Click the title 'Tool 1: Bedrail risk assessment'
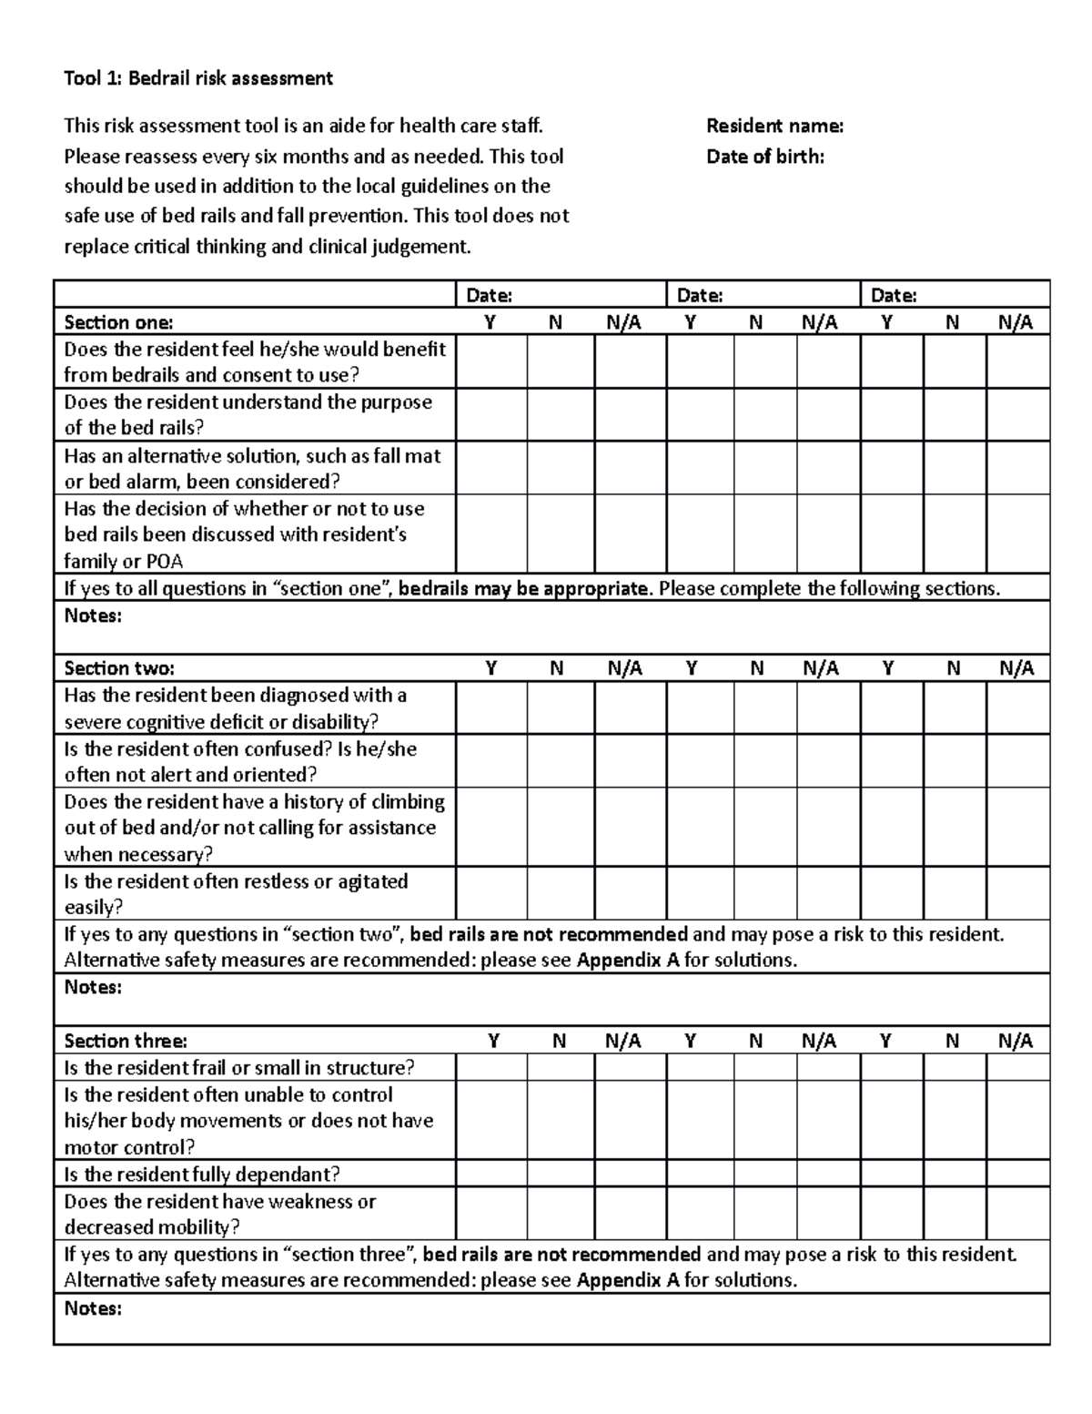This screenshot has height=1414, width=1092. click(198, 78)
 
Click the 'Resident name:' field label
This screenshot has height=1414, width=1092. click(774, 126)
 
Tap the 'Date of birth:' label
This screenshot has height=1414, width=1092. click(765, 157)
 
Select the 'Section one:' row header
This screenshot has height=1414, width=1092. click(118, 322)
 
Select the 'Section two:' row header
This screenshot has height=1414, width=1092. click(119, 668)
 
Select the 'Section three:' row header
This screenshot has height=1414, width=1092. click(126, 1041)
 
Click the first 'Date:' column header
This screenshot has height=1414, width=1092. click(490, 295)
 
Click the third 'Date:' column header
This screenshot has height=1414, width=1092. click(894, 295)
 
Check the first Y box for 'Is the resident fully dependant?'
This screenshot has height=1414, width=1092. click(491, 1174)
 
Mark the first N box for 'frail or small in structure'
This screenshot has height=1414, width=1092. click(561, 1067)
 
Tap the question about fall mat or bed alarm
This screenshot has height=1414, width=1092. click(252, 468)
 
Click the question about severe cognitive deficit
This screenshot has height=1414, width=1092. click(235, 708)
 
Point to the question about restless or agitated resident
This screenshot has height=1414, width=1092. click(236, 894)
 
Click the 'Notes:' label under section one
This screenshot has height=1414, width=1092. click(93, 616)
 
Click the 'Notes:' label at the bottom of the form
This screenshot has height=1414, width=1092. click(93, 1309)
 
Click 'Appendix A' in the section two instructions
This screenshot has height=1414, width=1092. click(628, 961)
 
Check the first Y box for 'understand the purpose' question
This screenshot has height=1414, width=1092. click(491, 415)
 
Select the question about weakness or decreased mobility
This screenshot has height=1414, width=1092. click(219, 1214)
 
